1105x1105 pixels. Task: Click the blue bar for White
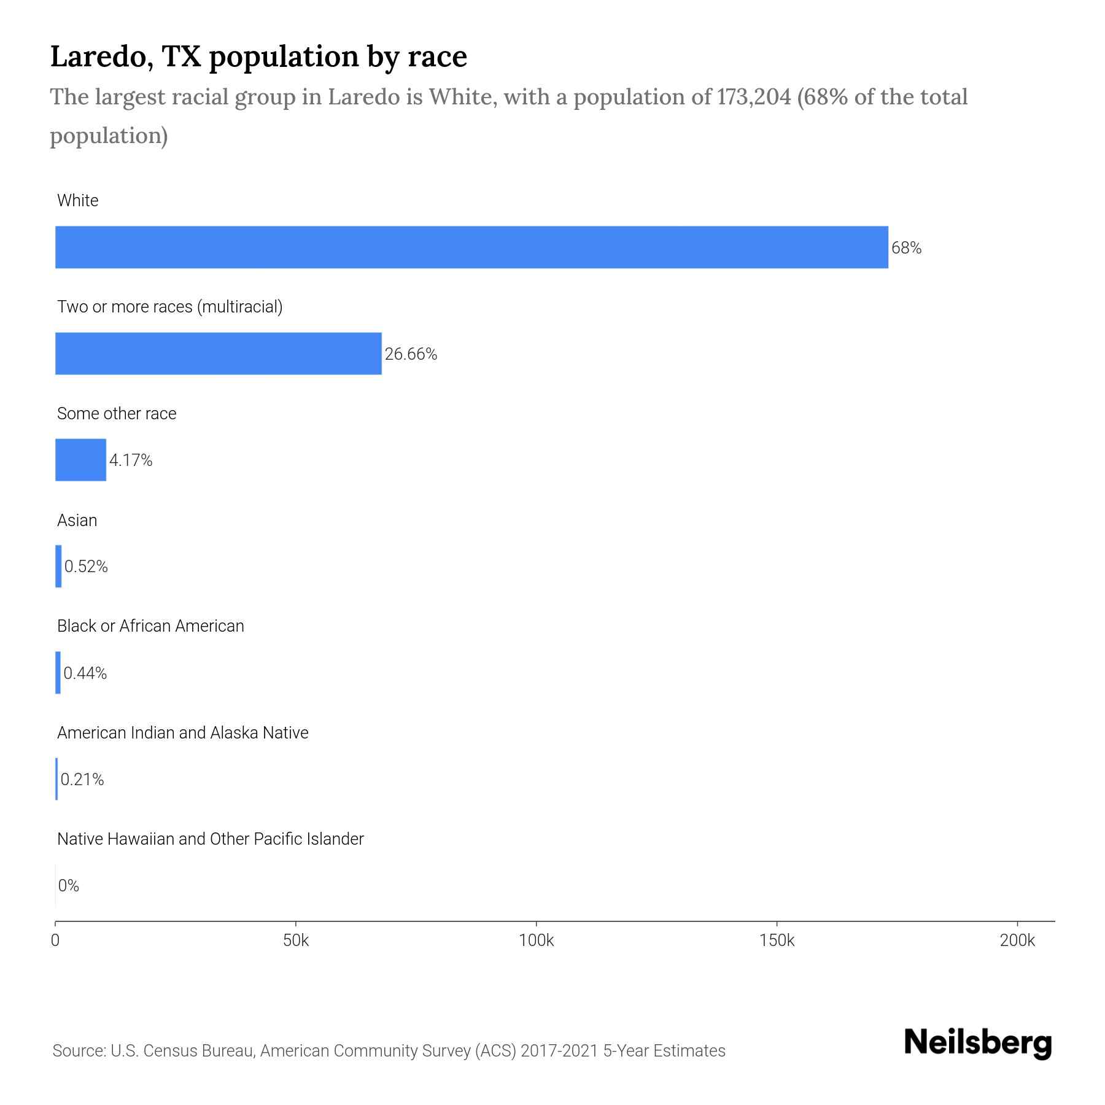click(x=471, y=247)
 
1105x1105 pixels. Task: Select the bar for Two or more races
click(x=219, y=354)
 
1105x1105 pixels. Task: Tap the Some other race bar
click(x=80, y=460)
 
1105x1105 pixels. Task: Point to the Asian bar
click(x=58, y=566)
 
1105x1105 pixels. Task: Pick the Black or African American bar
click(x=58, y=673)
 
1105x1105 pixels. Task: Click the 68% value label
click(x=906, y=248)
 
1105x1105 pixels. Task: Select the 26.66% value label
click(x=411, y=354)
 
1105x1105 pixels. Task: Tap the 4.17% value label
click(x=131, y=460)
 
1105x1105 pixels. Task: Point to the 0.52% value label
click(x=86, y=567)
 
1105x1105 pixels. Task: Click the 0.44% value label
click(x=85, y=673)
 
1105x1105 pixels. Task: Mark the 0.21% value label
click(x=82, y=780)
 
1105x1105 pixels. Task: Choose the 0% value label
click(x=69, y=886)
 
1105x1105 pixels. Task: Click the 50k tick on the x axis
click(x=296, y=940)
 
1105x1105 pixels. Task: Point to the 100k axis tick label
click(x=536, y=940)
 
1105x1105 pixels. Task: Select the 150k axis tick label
click(x=777, y=940)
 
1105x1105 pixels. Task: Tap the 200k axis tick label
click(x=1017, y=940)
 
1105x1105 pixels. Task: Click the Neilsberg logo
click(x=978, y=1043)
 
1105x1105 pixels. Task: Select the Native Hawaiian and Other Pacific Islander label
click(x=210, y=839)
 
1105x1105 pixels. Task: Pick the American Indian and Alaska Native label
click(x=182, y=733)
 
